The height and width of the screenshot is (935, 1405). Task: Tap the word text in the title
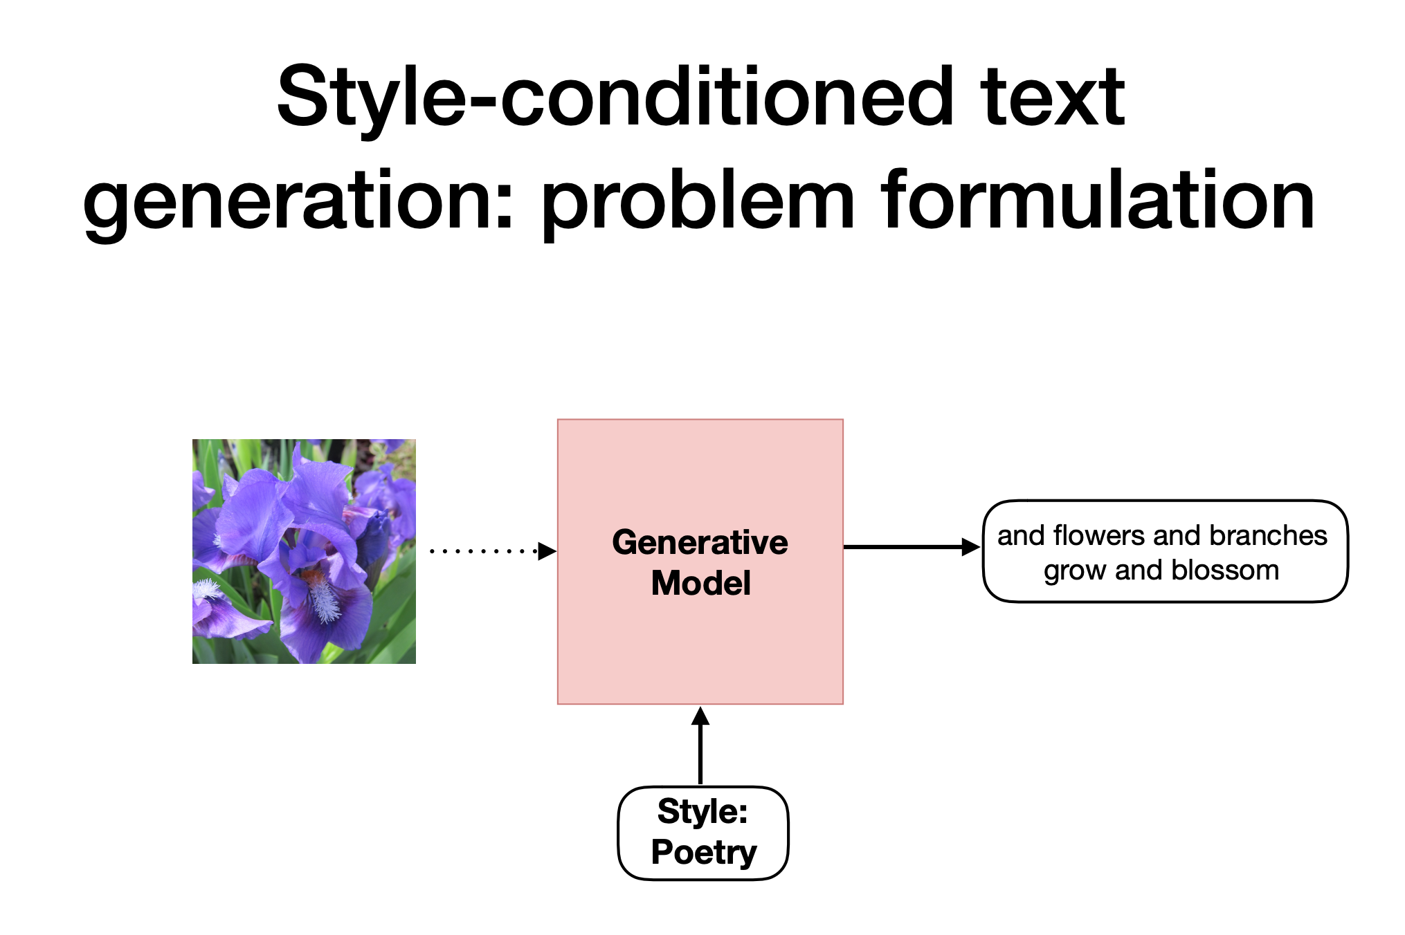(1052, 98)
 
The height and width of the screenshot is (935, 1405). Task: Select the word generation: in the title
(298, 202)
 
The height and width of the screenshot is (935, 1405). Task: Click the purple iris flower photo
(304, 551)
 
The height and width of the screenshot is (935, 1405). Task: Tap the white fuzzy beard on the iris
(324, 599)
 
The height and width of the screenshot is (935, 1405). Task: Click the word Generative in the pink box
(700, 542)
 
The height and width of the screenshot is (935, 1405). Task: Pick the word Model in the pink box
(700, 583)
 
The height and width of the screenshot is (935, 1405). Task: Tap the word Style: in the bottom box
(702, 811)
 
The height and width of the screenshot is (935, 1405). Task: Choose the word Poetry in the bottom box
(703, 852)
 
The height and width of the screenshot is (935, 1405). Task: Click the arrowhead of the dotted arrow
(547, 551)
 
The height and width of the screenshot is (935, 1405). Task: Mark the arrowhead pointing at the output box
(971, 547)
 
